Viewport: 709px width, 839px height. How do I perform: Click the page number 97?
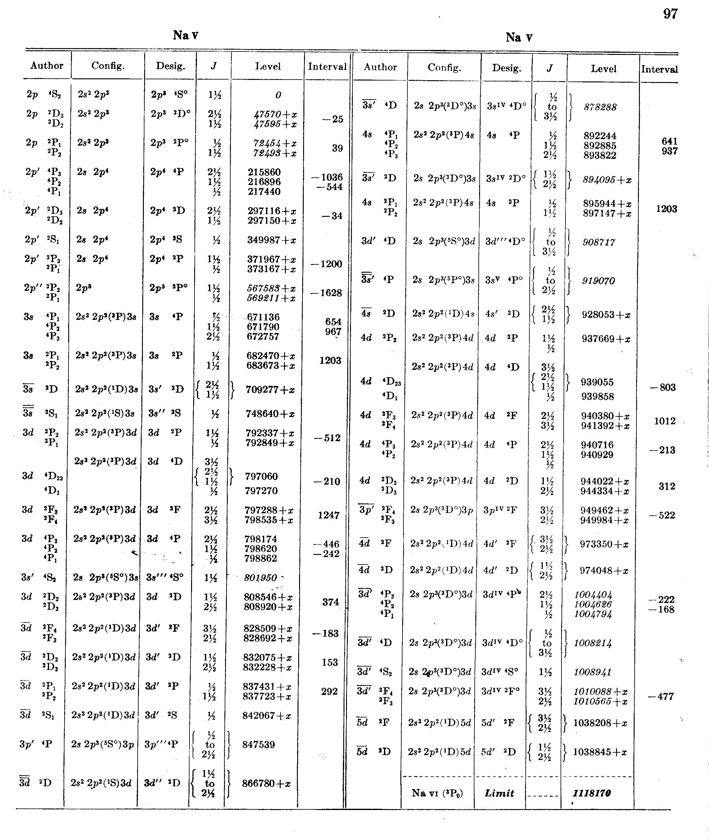click(670, 14)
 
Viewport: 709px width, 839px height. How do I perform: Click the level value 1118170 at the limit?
click(592, 793)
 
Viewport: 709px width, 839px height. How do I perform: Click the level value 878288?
click(600, 107)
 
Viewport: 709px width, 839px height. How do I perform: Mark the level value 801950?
click(261, 577)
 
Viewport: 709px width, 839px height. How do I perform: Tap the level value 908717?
click(599, 242)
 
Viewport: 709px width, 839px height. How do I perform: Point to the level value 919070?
click(598, 281)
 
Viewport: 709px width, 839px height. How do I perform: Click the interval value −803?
click(663, 387)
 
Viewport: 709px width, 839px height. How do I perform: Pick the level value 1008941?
click(592, 672)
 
